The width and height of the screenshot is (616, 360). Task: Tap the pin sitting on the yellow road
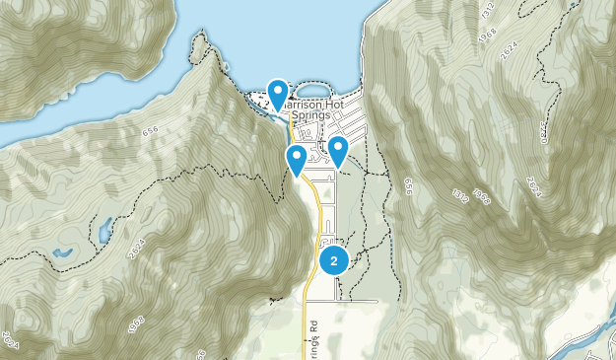[296, 159]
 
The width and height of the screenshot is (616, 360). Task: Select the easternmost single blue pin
[338, 151]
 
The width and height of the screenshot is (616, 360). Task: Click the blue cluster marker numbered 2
[334, 260]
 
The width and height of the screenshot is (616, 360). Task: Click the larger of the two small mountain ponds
[103, 233]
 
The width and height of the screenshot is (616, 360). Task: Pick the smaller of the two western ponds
[62, 252]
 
